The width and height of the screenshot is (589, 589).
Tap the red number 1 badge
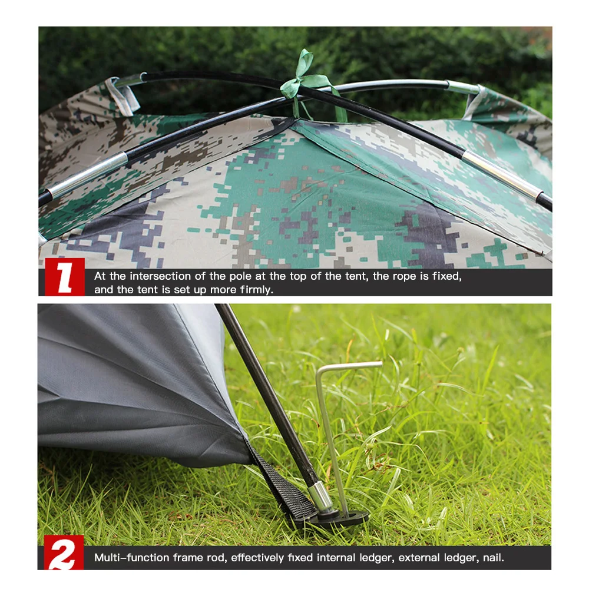click(x=65, y=277)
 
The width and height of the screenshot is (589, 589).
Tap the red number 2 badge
click(x=64, y=553)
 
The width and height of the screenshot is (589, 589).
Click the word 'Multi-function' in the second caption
click(x=124, y=557)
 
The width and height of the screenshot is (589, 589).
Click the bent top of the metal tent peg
click(x=348, y=367)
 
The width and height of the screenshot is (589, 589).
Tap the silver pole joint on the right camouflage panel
click(x=501, y=174)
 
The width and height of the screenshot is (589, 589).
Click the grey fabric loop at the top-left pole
click(x=123, y=95)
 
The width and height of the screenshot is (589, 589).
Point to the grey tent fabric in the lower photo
click(x=130, y=383)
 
